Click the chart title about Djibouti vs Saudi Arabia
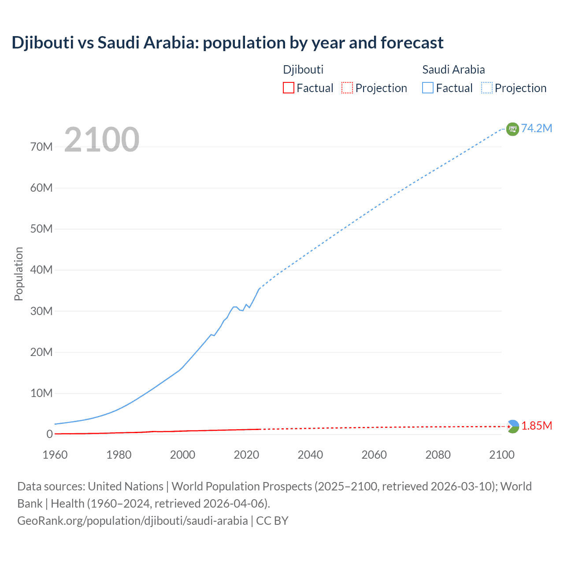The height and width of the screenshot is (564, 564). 227,43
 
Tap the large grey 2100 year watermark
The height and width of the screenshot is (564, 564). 102,140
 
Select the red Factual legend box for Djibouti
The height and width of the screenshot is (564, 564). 288,88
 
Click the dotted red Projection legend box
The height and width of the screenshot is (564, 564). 347,88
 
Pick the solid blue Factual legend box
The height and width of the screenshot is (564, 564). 428,88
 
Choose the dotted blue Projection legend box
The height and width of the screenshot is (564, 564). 487,88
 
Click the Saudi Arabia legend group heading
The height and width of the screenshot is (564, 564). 453,70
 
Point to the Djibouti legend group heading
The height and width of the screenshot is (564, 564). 303,70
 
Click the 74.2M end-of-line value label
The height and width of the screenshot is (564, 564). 536,128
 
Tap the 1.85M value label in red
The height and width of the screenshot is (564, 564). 537,426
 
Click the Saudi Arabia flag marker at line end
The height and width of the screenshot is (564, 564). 512,129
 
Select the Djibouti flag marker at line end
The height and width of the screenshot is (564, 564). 512,427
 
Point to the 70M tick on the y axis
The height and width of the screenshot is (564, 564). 41,147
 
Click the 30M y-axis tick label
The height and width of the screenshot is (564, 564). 41,311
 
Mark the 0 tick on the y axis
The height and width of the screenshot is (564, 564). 49,434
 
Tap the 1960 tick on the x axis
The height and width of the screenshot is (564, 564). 55,455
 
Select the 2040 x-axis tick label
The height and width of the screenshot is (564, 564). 310,455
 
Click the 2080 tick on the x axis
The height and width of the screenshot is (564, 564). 438,455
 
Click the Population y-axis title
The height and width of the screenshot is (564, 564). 19,274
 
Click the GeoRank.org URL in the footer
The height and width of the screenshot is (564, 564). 133,521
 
